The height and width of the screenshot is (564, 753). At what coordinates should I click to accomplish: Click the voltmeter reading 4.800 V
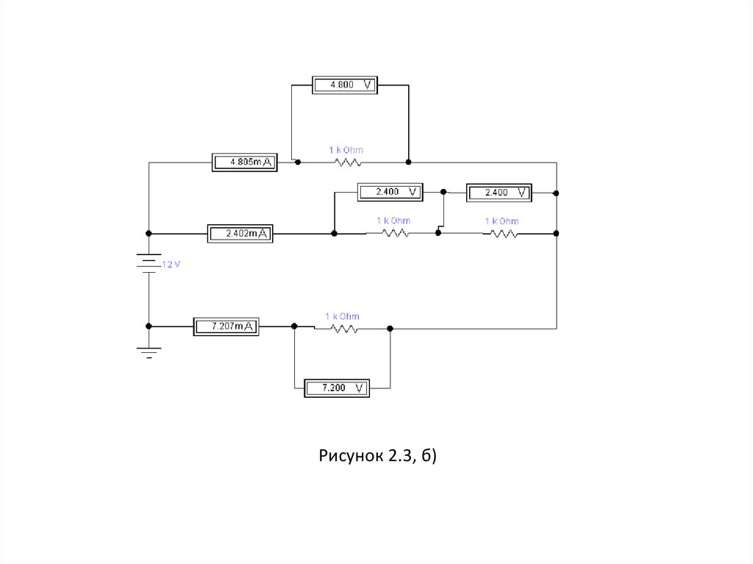[345, 85]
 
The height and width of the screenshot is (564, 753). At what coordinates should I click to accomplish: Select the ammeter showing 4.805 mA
[244, 162]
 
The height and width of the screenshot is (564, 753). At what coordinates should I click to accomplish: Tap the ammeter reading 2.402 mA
[240, 234]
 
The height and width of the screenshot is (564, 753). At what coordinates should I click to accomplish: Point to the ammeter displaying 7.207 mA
[226, 326]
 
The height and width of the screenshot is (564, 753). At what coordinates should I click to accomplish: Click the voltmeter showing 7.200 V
[335, 388]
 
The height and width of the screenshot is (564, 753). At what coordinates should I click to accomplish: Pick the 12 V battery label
[170, 265]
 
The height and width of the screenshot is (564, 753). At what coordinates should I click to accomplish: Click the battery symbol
[149, 263]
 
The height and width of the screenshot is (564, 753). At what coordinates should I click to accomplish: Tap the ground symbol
[149, 354]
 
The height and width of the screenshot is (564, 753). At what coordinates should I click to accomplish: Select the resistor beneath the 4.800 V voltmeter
[346, 162]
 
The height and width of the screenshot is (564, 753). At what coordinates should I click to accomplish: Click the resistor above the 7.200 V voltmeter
[343, 329]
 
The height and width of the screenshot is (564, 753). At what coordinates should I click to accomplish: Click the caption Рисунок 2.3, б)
[378, 457]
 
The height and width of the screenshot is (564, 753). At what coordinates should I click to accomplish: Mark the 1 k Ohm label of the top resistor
[346, 150]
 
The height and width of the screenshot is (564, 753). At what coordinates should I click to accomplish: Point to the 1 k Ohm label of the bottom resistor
[343, 316]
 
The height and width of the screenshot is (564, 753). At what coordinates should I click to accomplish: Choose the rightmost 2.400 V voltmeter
[498, 193]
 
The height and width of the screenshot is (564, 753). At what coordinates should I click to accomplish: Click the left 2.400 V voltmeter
[390, 192]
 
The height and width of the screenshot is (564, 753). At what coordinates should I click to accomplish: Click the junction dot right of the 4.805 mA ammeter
[297, 162]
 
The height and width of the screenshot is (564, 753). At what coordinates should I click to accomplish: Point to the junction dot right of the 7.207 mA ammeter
[294, 326]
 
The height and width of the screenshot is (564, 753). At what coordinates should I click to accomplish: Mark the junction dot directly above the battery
[149, 234]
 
